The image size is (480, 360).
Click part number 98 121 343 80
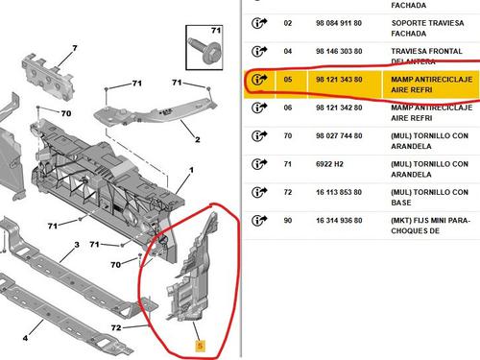coord(339,80)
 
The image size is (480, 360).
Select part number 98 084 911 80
coord(339,23)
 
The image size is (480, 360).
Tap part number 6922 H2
coord(329,164)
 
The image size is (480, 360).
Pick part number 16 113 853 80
coord(339,192)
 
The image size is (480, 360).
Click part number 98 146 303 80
coord(339,51)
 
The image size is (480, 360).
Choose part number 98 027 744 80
coord(339,135)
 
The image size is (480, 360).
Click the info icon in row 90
coord(259,220)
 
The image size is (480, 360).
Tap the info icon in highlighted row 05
coord(259,80)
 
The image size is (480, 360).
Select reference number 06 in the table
coord(288,108)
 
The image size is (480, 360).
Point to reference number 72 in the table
coord(288,192)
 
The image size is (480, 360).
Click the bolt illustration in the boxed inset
coord(204,50)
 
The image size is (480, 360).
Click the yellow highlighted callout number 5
coord(200,346)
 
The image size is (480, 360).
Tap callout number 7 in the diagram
coord(75,48)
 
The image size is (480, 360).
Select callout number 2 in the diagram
coord(198,139)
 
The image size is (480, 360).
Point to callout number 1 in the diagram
coord(191,170)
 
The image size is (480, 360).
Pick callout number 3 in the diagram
coord(77,245)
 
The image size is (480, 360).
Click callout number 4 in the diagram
coord(25,338)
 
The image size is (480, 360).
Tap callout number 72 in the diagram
coord(116,327)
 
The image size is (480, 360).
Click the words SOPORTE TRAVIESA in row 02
coord(427,23)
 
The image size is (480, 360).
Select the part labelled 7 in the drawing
coord(48,76)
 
